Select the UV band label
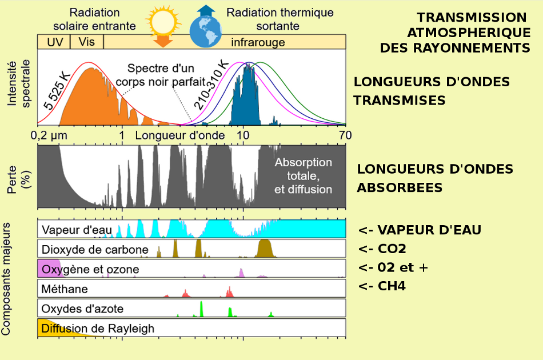[54, 42]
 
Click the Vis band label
[86, 42]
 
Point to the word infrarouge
[258, 42]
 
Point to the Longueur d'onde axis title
[171, 135]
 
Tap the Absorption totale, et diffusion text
[303, 176]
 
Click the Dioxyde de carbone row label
[95, 250]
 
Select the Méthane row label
[65, 289]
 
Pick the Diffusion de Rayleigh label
[98, 329]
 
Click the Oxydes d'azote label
[82, 309]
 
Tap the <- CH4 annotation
[382, 286]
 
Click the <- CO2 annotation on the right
[382, 249]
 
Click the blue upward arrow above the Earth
[205, 10]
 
